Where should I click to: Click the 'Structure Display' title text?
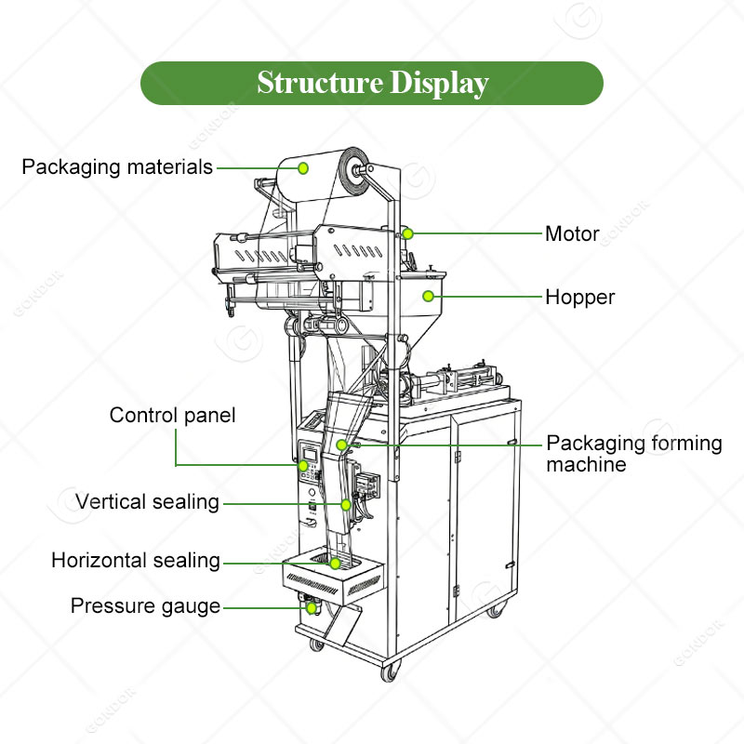(x=372, y=83)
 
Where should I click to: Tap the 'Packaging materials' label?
(x=117, y=167)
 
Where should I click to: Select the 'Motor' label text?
(x=572, y=233)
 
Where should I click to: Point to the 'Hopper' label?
(x=579, y=298)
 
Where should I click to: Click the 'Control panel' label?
(x=172, y=415)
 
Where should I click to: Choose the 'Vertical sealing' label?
(x=147, y=502)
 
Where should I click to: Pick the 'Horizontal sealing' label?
(x=136, y=561)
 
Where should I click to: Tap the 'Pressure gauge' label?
(x=145, y=606)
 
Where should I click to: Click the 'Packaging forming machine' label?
(x=633, y=453)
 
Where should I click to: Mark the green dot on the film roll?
(x=303, y=167)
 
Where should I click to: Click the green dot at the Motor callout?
(x=407, y=233)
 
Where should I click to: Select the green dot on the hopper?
(x=428, y=297)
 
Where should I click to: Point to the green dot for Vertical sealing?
(x=346, y=504)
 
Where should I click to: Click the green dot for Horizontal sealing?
(x=335, y=563)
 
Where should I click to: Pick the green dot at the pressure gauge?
(x=312, y=607)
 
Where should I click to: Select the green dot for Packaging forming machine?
(x=342, y=445)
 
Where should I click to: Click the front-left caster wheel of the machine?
(x=390, y=671)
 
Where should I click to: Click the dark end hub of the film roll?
(x=354, y=170)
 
